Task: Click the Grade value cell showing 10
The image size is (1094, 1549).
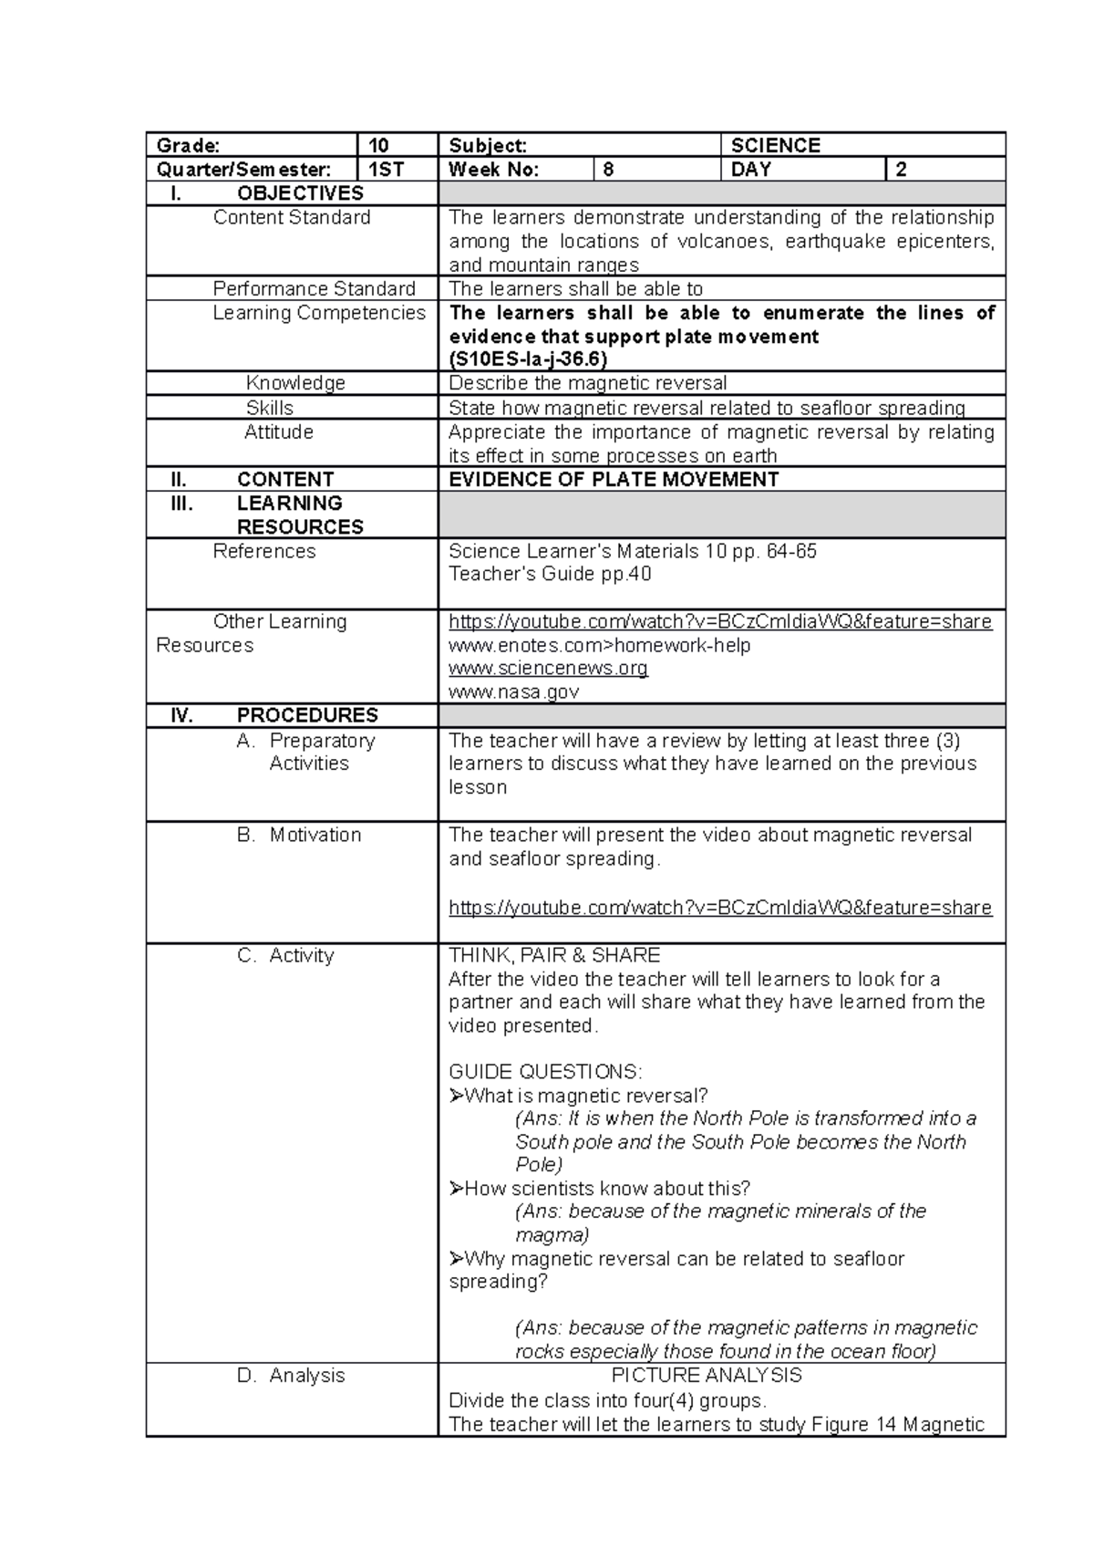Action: (x=378, y=145)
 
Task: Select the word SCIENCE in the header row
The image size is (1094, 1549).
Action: (x=775, y=145)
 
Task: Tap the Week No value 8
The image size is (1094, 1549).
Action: (x=608, y=170)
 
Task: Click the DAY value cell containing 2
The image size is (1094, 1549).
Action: (x=901, y=170)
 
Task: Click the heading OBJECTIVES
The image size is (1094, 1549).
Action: (x=300, y=193)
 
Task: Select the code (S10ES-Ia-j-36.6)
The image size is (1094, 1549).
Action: (x=527, y=359)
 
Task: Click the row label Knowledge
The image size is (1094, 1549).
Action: (x=295, y=383)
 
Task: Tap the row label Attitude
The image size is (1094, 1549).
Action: (x=278, y=432)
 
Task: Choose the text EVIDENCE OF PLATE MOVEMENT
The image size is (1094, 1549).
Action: (x=613, y=480)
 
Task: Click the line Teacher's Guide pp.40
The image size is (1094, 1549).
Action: (x=550, y=575)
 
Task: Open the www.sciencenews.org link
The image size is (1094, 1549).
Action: (x=548, y=669)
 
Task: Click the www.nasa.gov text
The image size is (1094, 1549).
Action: (x=513, y=692)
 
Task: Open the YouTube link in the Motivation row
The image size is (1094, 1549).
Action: (x=719, y=908)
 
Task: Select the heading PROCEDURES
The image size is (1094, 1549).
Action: (x=306, y=716)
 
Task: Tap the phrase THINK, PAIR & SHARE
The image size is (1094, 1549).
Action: (x=553, y=956)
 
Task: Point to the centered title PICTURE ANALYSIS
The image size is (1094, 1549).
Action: (x=706, y=1376)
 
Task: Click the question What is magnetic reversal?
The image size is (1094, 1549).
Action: (x=584, y=1096)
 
